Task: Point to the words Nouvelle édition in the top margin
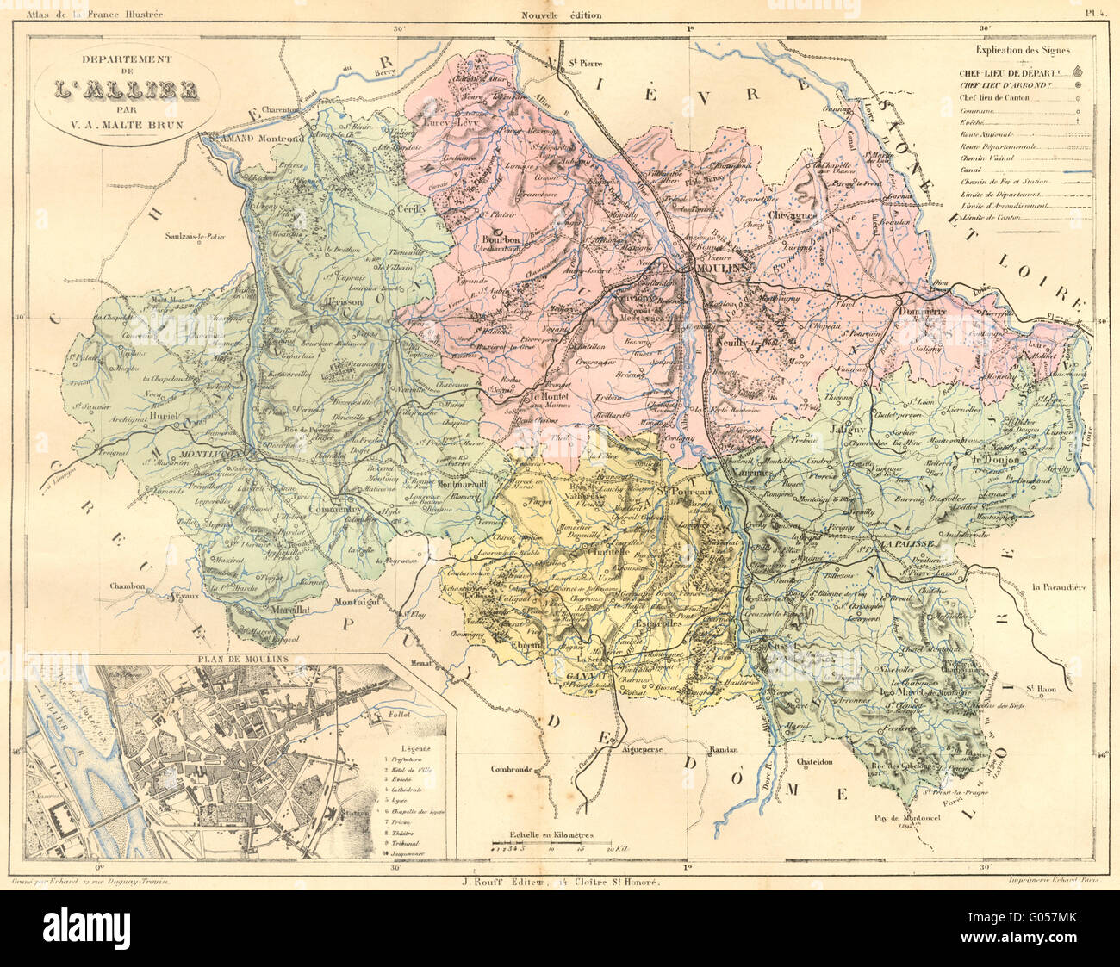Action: (561, 15)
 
